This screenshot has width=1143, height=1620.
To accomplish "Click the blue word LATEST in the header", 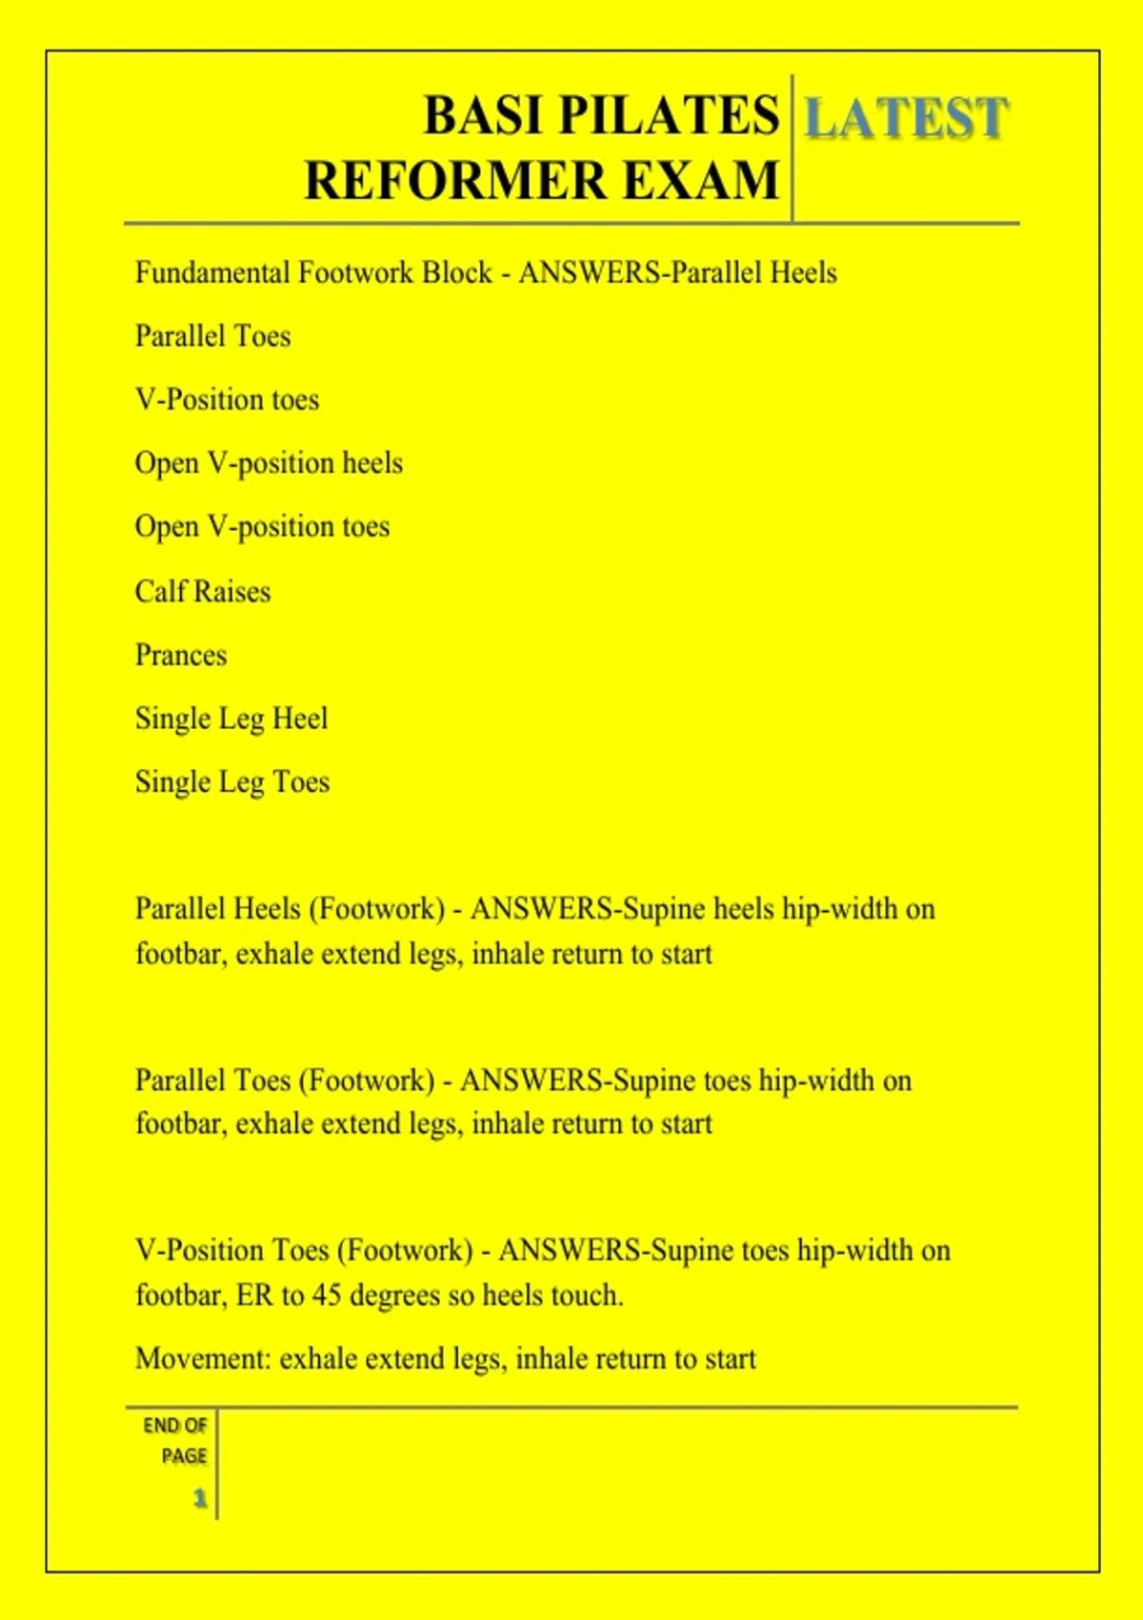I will [x=906, y=118].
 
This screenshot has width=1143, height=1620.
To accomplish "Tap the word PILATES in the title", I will [x=668, y=116].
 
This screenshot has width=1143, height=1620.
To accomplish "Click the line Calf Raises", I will [x=203, y=592].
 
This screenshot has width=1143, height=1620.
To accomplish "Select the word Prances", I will [x=181, y=656].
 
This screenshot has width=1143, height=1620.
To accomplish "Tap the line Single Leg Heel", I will [x=231, y=719].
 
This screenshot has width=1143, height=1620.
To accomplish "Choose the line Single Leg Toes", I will [x=232, y=782].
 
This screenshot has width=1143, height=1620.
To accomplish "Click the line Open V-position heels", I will [x=269, y=463].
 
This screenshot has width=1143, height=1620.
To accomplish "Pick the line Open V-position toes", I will [x=262, y=527].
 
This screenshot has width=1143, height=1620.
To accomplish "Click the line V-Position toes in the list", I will [x=227, y=399].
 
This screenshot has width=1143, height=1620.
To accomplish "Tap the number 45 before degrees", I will [x=327, y=1296].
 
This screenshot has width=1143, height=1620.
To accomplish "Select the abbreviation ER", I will [x=254, y=1296].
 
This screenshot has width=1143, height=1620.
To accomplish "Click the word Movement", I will [x=203, y=1359].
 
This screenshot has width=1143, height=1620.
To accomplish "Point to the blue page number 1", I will [x=200, y=1498].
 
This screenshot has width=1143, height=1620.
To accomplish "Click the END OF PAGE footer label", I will [x=175, y=1440].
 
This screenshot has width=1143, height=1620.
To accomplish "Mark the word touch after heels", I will [x=586, y=1296].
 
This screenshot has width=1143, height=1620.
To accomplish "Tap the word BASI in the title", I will [x=484, y=116].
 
